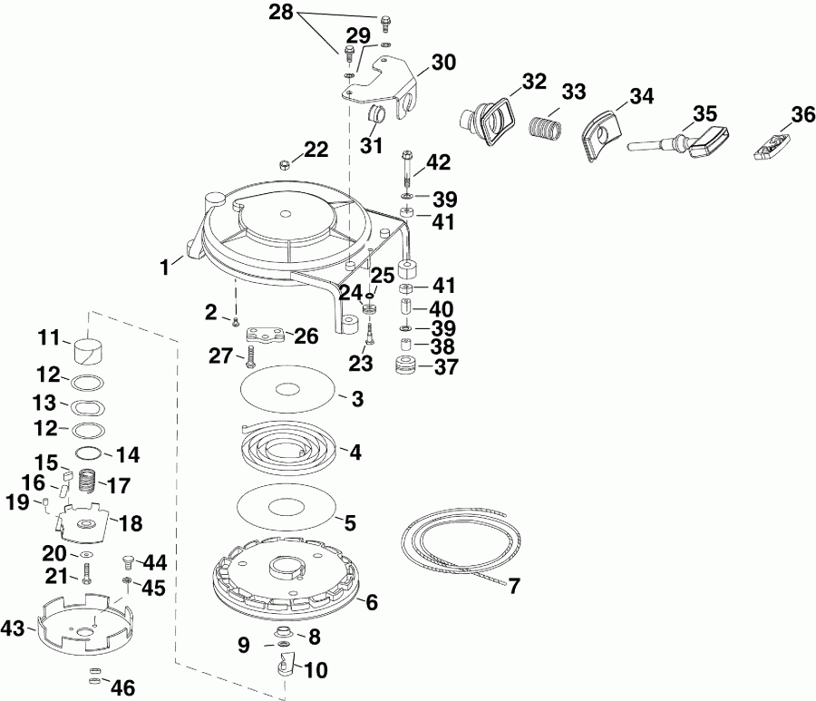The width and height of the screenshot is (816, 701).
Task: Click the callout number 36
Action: [x=801, y=115]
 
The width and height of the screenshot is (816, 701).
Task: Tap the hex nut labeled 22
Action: [x=283, y=164]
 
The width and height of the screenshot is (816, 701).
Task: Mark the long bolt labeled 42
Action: [x=406, y=171]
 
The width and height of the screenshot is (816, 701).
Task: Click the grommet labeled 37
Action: [x=405, y=367]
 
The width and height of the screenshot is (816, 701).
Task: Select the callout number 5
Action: [x=348, y=522]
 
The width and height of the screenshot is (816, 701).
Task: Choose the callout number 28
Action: [x=282, y=13]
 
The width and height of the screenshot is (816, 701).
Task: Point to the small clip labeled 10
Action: [x=285, y=668]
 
